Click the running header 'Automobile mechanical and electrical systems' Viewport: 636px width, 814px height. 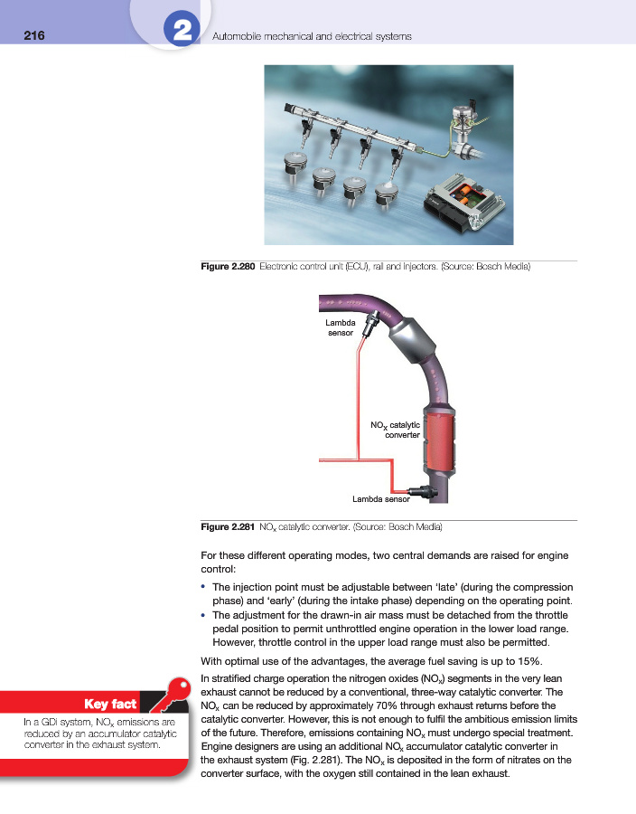coord(311,36)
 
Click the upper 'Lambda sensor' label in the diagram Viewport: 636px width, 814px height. coord(341,327)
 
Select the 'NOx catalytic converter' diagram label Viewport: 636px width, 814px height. coord(396,429)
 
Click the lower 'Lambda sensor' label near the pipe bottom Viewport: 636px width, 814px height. coord(380,498)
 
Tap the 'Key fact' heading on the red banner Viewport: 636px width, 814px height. coord(109,703)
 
